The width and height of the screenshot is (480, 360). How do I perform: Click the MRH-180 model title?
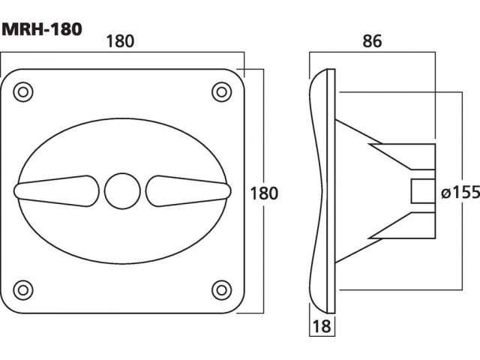(x=42, y=29)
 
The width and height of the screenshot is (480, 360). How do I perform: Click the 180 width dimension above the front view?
(x=120, y=41)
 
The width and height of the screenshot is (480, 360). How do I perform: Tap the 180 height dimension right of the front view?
(x=264, y=193)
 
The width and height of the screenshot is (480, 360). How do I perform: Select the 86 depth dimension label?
(x=372, y=41)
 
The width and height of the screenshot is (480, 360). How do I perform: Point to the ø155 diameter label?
(x=460, y=192)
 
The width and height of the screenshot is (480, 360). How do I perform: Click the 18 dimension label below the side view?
(x=322, y=326)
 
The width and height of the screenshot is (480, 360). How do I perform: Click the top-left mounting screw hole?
(x=23, y=91)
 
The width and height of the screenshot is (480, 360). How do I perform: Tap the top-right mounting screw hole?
(x=222, y=91)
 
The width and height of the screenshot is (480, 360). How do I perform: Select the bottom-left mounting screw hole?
(x=23, y=290)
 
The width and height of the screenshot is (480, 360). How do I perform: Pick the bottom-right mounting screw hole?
(x=222, y=290)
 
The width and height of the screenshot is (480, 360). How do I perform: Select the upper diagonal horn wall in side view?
(x=358, y=132)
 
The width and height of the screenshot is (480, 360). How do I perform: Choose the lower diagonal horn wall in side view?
(x=358, y=250)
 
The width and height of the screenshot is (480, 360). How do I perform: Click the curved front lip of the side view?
(x=315, y=191)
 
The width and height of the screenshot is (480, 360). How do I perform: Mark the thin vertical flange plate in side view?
(x=331, y=191)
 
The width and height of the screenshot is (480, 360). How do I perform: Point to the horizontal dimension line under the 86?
(x=372, y=52)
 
